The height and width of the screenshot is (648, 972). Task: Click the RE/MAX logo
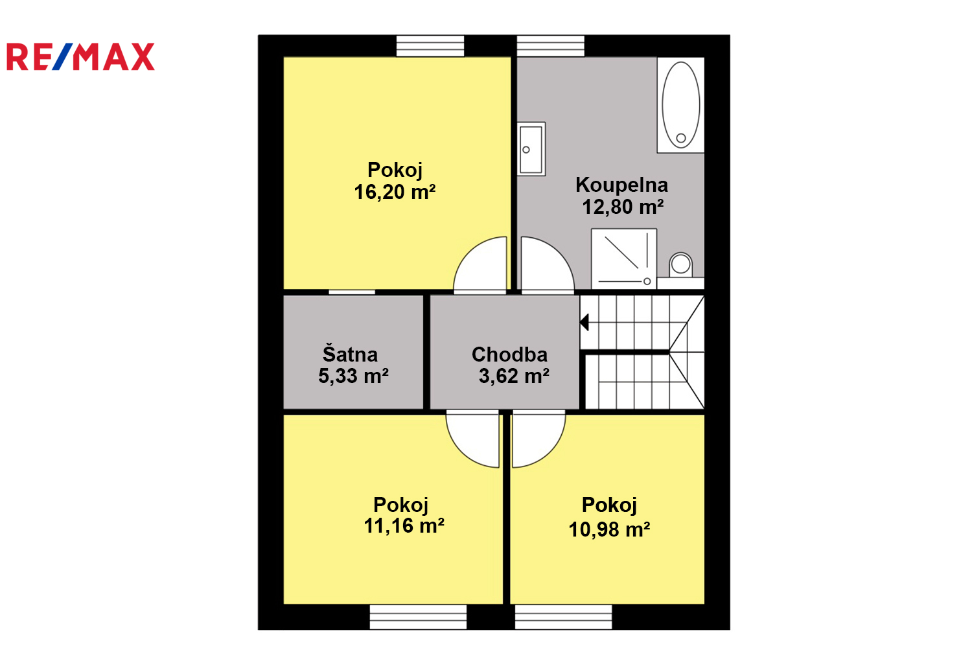(x=81, y=56)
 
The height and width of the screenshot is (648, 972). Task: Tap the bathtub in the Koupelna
(x=680, y=104)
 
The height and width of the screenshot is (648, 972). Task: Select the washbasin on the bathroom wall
(x=531, y=149)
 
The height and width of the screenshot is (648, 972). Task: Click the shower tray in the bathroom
(x=624, y=259)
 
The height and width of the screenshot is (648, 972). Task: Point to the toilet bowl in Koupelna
(x=680, y=265)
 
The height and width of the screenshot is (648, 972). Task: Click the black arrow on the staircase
(x=584, y=323)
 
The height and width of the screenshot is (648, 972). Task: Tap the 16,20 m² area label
(x=395, y=192)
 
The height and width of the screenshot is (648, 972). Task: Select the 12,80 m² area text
(x=623, y=207)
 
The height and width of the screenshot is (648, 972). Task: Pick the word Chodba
(x=509, y=354)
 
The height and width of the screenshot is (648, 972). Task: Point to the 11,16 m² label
(x=404, y=526)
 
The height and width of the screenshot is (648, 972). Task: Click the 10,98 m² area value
(x=609, y=529)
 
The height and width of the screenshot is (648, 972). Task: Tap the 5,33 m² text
(x=353, y=376)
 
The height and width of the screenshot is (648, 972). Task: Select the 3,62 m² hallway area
(x=514, y=376)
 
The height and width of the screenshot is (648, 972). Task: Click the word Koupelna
(x=621, y=185)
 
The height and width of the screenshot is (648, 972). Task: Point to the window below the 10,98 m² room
(x=563, y=617)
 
